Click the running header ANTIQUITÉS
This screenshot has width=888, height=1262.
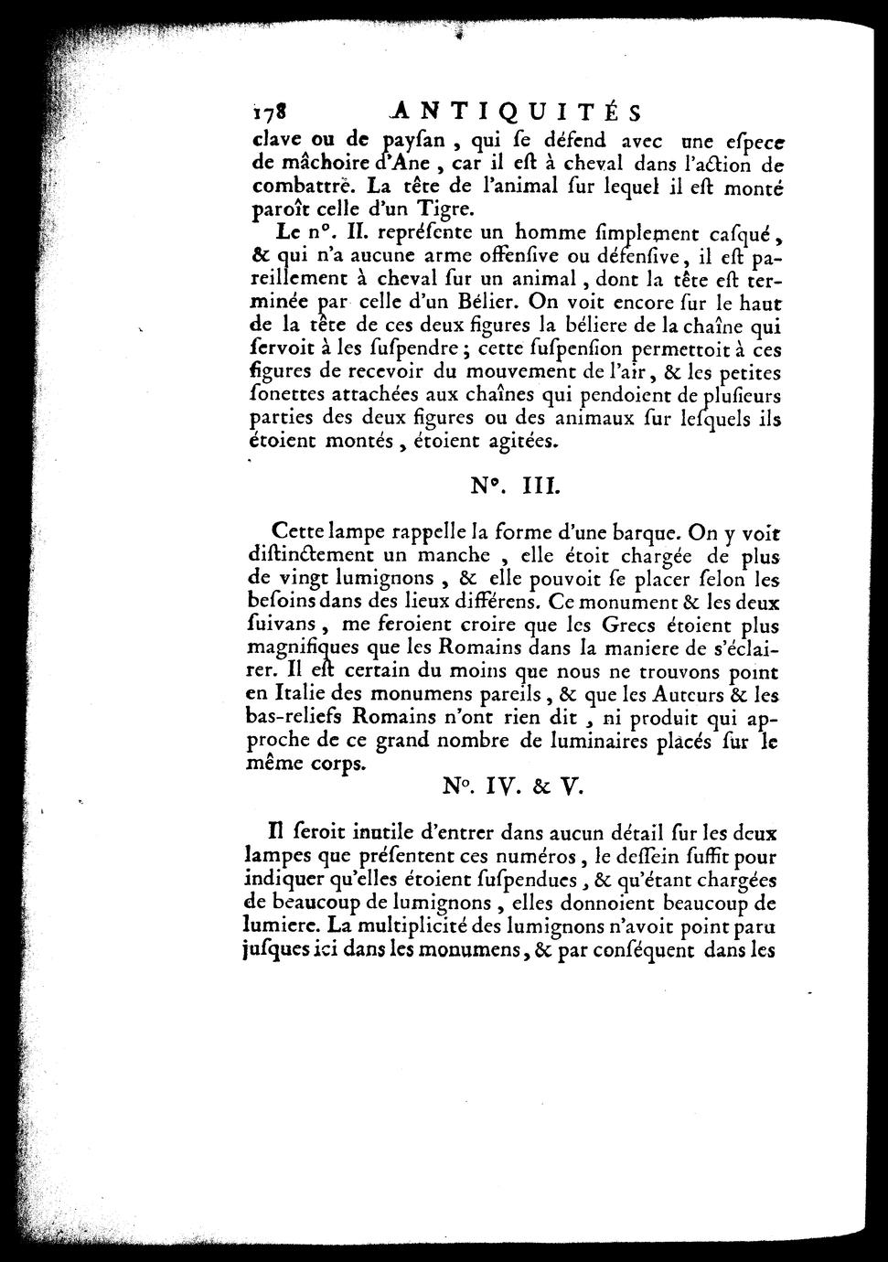pos(513,111)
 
